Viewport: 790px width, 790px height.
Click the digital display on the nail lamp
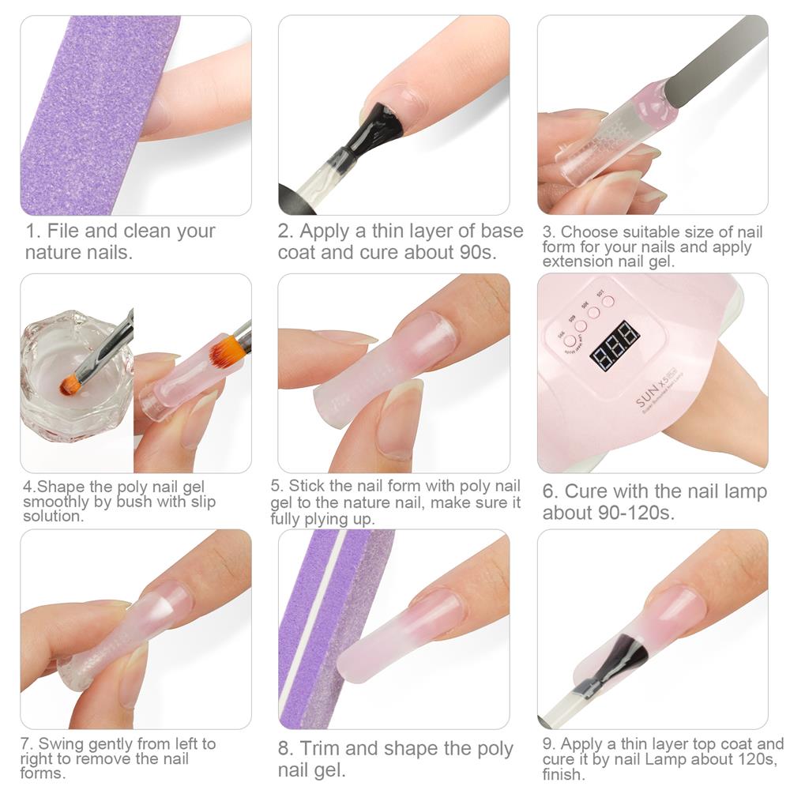pyautogui.click(x=615, y=345)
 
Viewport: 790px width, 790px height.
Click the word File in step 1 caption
pyautogui.click(x=64, y=231)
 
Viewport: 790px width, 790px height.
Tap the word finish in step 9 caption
pyautogui.click(x=562, y=774)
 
